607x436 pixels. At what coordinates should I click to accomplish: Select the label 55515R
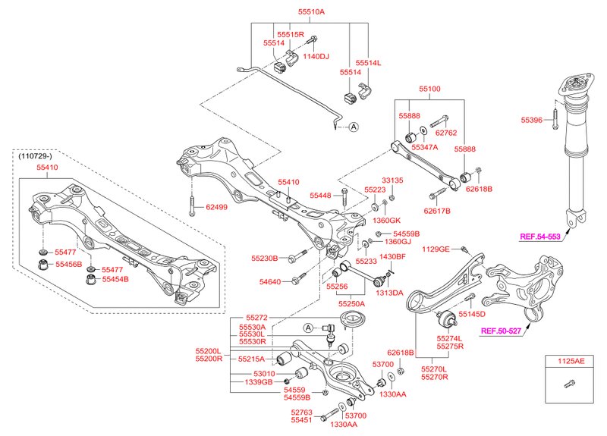pyautogui.click(x=290, y=35)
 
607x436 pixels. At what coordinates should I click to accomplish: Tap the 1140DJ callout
pyautogui.click(x=316, y=56)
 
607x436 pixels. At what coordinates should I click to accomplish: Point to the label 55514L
pyautogui.click(x=369, y=63)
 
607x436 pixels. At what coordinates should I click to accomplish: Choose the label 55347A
pyautogui.click(x=426, y=148)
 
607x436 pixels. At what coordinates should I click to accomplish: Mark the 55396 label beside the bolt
pyautogui.click(x=533, y=120)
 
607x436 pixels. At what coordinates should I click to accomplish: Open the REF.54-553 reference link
pyautogui.click(x=539, y=237)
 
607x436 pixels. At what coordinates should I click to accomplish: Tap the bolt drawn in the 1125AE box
pyautogui.click(x=567, y=386)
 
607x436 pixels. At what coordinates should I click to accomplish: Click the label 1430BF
pyautogui.click(x=393, y=257)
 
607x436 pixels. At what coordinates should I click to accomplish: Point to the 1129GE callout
pyautogui.click(x=436, y=249)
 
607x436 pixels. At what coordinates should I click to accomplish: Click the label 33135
pyautogui.click(x=392, y=180)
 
